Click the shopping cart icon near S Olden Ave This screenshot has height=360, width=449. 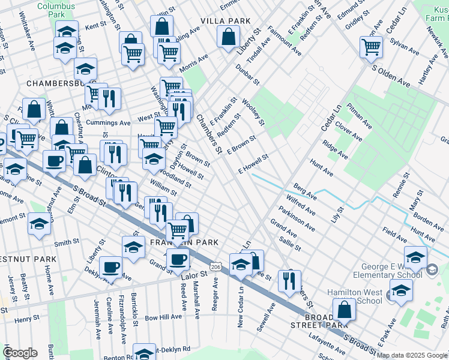click(x=372, y=46)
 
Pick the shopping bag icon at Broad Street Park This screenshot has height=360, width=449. click(x=345, y=310)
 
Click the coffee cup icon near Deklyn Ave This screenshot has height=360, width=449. click(x=111, y=267)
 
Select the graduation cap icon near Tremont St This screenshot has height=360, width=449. click(x=39, y=225)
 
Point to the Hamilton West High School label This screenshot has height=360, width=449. click(x=355, y=296)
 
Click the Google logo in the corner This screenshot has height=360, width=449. click(x=20, y=353)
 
